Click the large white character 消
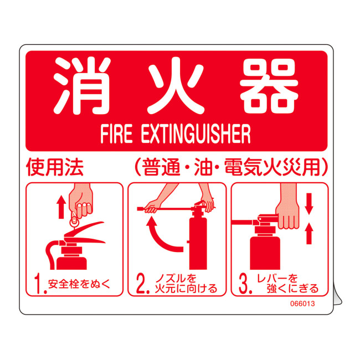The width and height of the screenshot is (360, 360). (82, 86)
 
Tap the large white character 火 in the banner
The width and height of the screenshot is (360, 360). (176, 86)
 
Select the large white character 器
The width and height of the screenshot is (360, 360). (269, 86)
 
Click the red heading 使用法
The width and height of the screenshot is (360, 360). (55, 167)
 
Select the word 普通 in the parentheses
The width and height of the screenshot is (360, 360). (161, 167)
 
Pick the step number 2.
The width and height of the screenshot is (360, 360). (142, 284)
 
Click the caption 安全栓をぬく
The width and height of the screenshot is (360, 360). (79, 284)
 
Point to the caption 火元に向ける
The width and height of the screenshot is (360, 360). (186, 289)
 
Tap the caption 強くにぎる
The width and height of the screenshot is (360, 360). (293, 289)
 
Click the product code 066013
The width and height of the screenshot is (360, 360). (302, 304)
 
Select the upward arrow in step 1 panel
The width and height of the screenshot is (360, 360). (61, 207)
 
